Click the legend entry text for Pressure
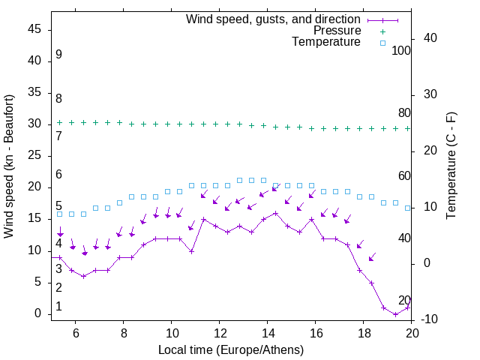(337, 31)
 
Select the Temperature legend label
(326, 42)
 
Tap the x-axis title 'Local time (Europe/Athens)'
(231, 349)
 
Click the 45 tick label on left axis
(34, 29)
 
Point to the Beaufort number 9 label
(58, 55)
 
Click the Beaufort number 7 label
(58, 136)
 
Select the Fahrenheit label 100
(402, 51)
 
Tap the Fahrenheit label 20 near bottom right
(404, 301)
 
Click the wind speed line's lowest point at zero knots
(396, 314)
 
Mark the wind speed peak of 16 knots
(276, 213)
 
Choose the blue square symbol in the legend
(382, 43)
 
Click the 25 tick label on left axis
(34, 156)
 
